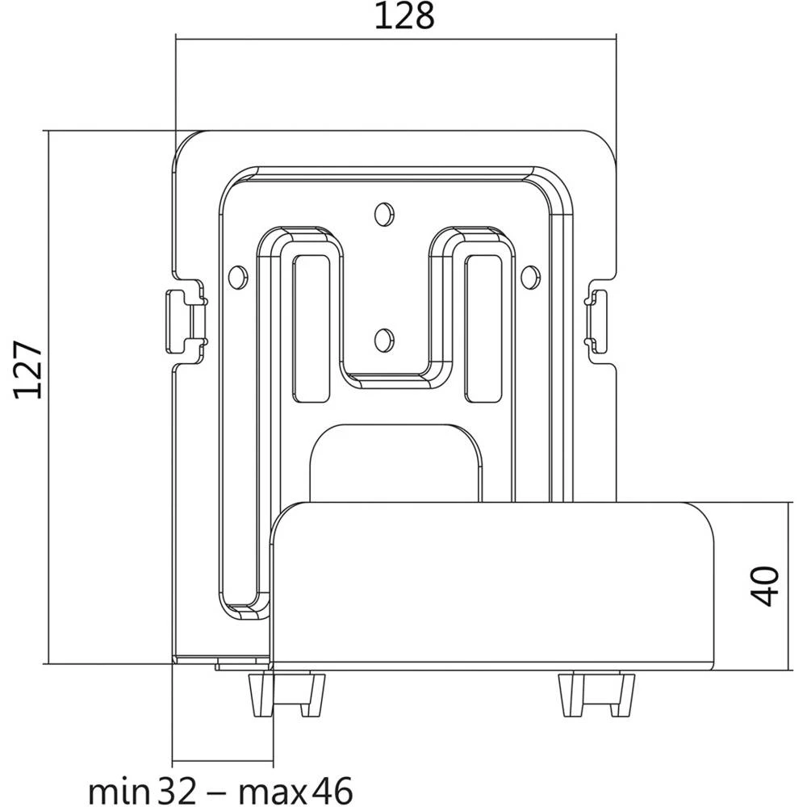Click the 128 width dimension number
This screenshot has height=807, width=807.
tap(403, 16)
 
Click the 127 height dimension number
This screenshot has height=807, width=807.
tap(28, 370)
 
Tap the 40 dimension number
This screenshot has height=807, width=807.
tap(767, 586)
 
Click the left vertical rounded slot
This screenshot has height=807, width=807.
tap(312, 327)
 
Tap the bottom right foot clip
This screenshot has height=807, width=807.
tap(596, 693)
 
